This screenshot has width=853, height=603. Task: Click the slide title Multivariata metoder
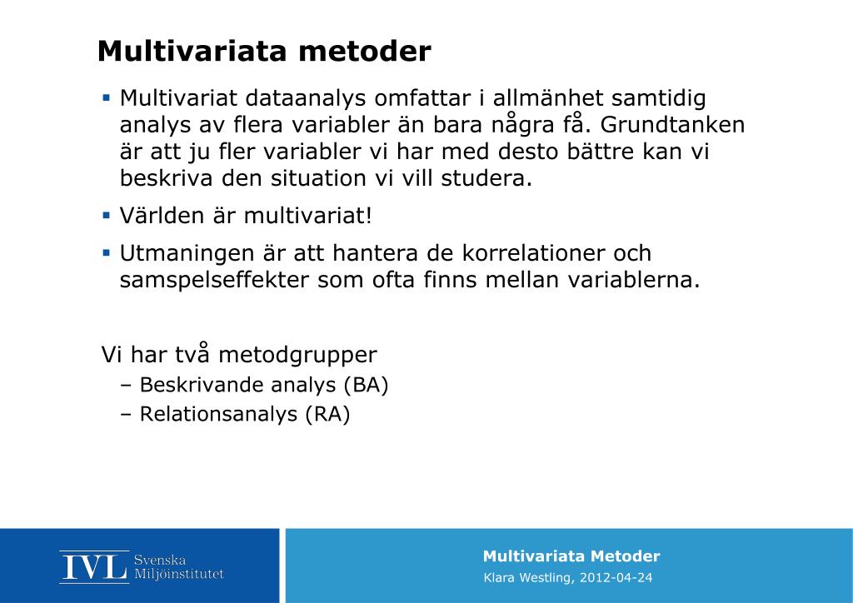(264, 52)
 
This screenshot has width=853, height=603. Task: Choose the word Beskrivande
(199, 386)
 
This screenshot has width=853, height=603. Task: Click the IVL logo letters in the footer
(93, 566)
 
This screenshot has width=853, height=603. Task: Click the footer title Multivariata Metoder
(571, 556)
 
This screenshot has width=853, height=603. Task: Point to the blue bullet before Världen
(106, 216)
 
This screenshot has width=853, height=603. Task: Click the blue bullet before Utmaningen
(106, 252)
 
